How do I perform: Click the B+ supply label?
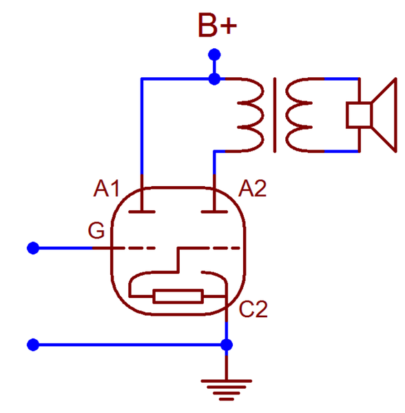(218, 26)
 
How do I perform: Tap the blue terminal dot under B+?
(214, 54)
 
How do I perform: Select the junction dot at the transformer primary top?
(214, 79)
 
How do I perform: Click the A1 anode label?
(107, 188)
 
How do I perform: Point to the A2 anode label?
(252, 188)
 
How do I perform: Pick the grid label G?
(96, 230)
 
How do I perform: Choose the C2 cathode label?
(253, 309)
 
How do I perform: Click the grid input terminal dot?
(33, 248)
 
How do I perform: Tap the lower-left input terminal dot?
(33, 345)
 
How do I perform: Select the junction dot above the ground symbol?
(227, 345)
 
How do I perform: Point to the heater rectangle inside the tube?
(178, 296)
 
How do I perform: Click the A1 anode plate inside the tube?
(142, 212)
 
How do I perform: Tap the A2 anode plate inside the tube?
(214, 212)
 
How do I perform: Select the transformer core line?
(275, 115)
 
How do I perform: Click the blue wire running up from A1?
(142, 126)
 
